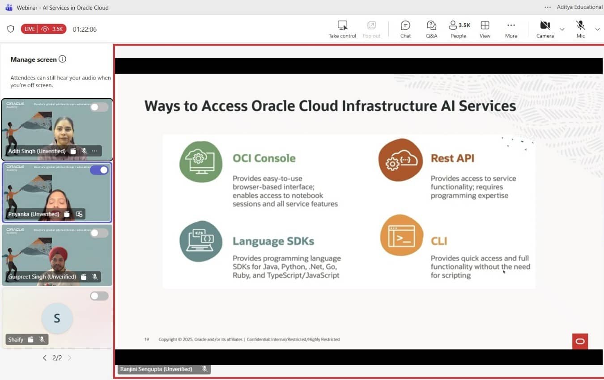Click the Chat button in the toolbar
tap(405, 29)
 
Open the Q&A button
tap(431, 29)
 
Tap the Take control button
tap(342, 29)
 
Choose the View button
tap(485, 29)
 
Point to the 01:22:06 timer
tap(85, 30)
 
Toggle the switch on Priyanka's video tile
tap(99, 170)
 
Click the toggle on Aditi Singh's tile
tap(99, 107)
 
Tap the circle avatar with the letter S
tap(57, 318)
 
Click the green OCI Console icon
tap(201, 162)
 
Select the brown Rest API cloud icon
tap(400, 160)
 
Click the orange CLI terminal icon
tap(401, 236)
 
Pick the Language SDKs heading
tap(273, 241)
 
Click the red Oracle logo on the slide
tap(580, 341)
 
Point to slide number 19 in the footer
tap(147, 339)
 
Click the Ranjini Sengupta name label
tap(156, 369)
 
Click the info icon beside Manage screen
tap(62, 59)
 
